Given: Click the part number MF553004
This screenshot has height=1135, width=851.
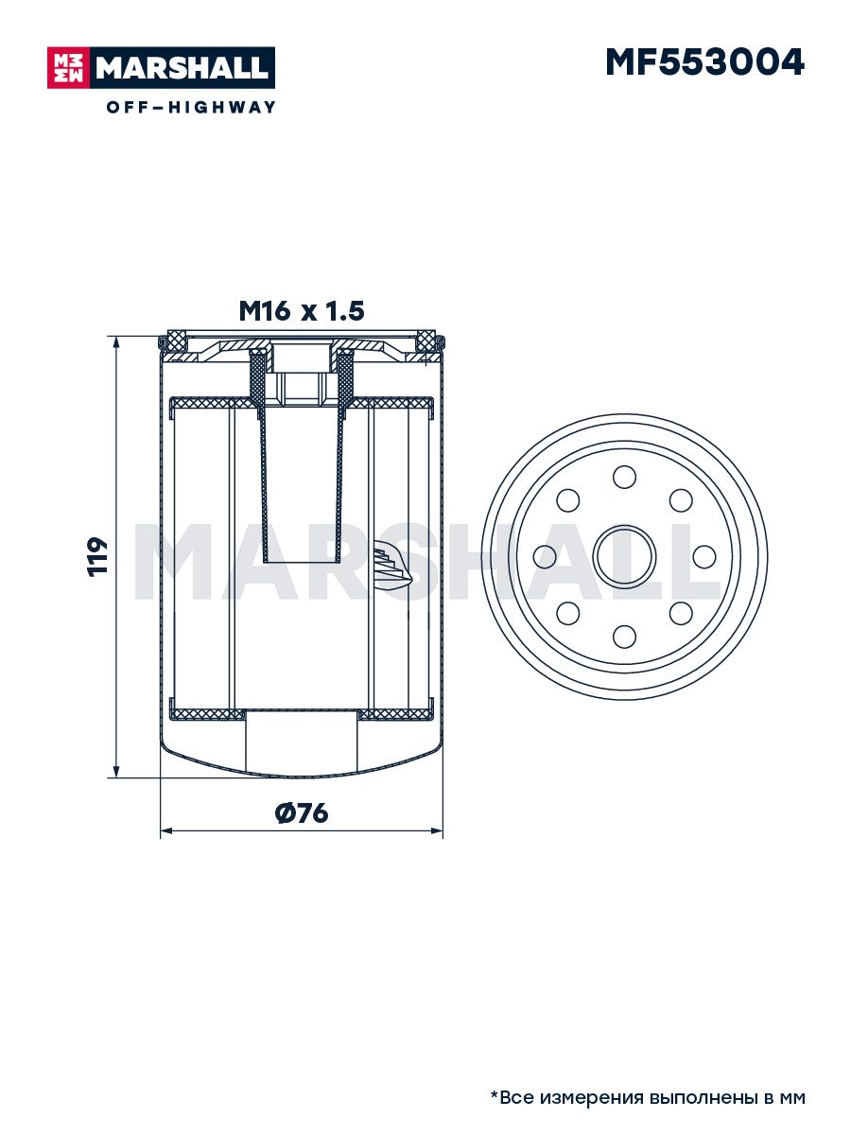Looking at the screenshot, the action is pos(704,62).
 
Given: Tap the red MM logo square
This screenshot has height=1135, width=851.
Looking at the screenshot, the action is pos(69,68).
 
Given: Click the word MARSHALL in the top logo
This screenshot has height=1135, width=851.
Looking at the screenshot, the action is pos(182,68).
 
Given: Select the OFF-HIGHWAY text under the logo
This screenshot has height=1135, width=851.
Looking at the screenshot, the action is pos(191,107).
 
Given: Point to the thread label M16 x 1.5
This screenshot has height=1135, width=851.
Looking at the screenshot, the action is pos(302,311).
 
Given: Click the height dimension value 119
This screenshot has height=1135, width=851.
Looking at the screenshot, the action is pos(96,556).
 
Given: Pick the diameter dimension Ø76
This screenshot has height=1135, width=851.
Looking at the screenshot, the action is pos(302,813).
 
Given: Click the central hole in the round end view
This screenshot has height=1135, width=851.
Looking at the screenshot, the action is pos(624,556).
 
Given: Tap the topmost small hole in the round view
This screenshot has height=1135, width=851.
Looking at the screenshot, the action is pos(624,477).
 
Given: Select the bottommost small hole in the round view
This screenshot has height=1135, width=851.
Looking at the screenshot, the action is pos(624,637).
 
